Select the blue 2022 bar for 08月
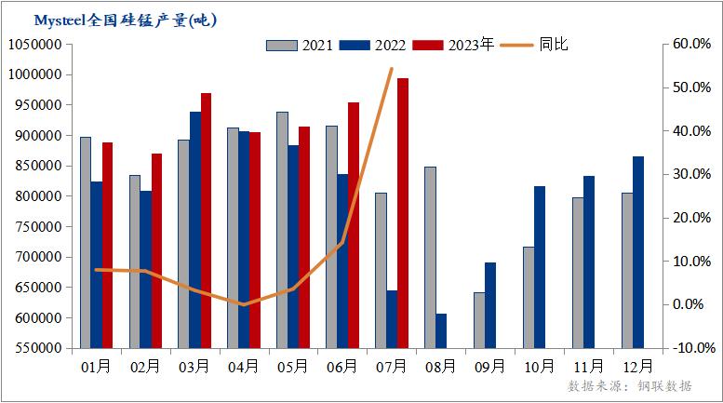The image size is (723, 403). coord(441,330)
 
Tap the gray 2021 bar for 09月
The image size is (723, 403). coord(479,320)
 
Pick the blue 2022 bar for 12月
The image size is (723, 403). coord(637,252)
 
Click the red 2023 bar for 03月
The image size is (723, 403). coord(206,220)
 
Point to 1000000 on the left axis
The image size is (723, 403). coord(34,74)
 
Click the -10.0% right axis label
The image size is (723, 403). coord(690,348)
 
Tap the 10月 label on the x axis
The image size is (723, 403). coord(539,367)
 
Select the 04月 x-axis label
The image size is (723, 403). coord(244,367)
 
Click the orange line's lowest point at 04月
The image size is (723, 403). coord(243,304)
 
